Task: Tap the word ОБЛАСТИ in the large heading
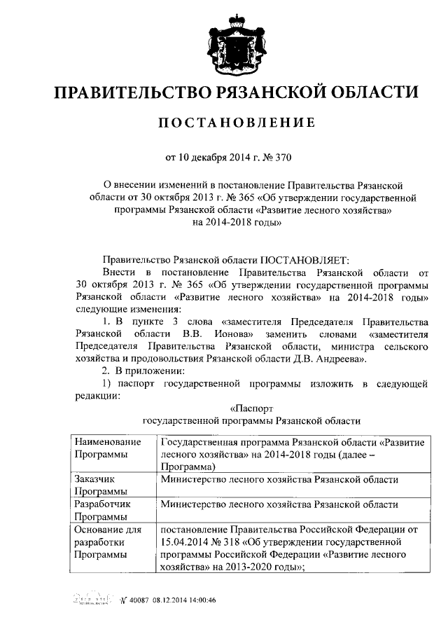[x=368, y=92]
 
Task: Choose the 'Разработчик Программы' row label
[x=102, y=510]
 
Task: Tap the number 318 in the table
[x=239, y=542]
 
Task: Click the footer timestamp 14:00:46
[x=198, y=600]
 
